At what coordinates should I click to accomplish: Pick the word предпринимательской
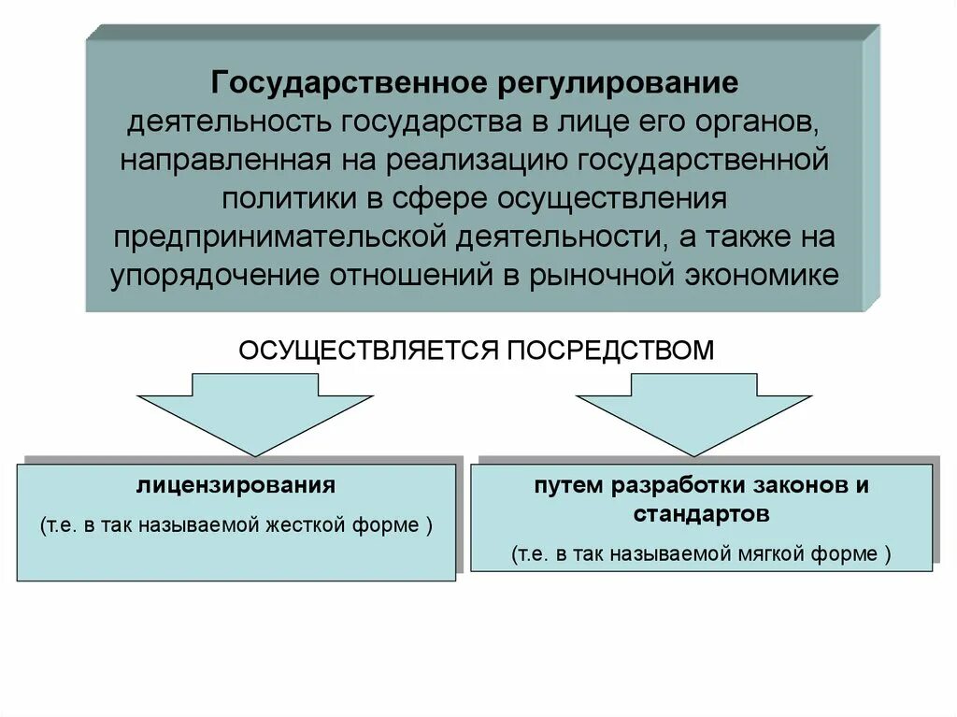click(281, 237)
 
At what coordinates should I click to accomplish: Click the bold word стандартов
click(701, 514)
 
